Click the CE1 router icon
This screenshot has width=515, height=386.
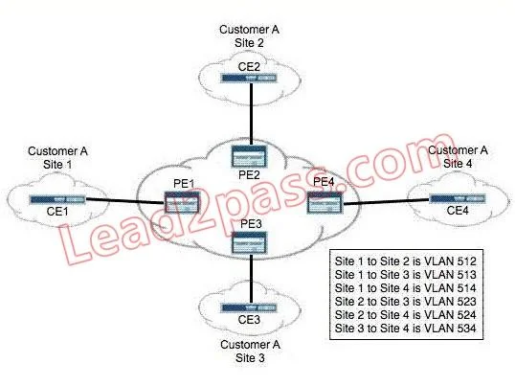click(x=57, y=200)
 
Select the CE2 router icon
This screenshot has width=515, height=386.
click(x=249, y=78)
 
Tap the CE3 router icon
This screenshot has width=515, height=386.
click(x=249, y=307)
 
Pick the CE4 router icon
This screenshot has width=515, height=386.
click(x=458, y=199)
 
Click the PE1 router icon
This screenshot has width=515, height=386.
click(x=182, y=203)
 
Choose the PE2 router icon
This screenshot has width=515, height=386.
click(x=249, y=156)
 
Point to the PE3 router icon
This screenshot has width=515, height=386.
click(x=249, y=243)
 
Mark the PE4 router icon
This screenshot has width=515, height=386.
click(x=325, y=203)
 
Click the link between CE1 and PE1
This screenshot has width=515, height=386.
click(x=125, y=201)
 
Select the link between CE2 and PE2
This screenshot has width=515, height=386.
click(x=251, y=114)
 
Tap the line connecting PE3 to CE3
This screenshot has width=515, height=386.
click(x=251, y=279)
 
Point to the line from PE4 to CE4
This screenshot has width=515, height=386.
click(x=386, y=201)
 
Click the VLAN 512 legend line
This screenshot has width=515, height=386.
click(x=405, y=261)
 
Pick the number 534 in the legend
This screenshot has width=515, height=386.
click(x=466, y=329)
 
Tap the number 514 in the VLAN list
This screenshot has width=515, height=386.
click(x=466, y=288)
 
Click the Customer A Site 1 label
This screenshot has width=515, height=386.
click(x=57, y=158)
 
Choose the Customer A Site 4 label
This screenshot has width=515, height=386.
click(x=458, y=157)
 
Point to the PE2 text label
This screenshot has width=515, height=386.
click(x=249, y=174)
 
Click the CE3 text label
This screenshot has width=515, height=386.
click(x=249, y=319)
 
